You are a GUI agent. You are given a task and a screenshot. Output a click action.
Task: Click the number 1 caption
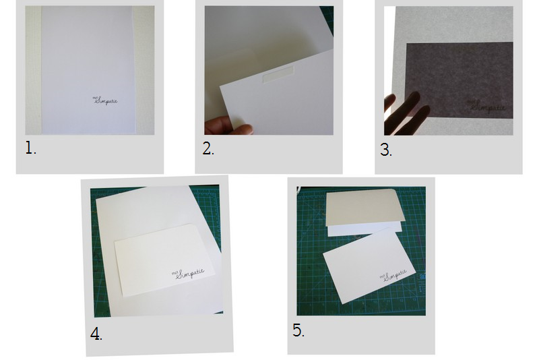point(30,148)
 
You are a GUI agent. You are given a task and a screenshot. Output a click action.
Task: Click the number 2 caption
point(208,149)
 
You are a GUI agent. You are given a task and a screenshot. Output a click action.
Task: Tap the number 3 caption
point(385,150)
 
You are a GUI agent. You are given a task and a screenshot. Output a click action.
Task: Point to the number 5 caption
point(298,330)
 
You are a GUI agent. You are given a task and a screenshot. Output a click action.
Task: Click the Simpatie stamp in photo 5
point(395,275)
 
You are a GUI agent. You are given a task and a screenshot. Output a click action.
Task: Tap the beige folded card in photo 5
point(364,206)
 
